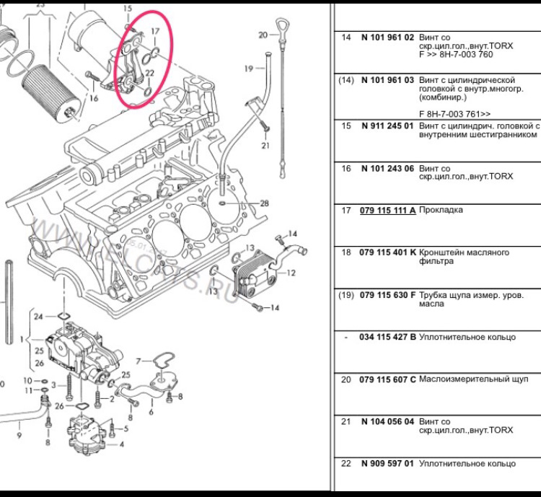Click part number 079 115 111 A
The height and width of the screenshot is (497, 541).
pyautogui.click(x=387, y=211)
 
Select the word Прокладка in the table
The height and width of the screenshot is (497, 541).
pyautogui.click(x=441, y=211)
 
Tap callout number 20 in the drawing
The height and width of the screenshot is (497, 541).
pyautogui.click(x=263, y=35)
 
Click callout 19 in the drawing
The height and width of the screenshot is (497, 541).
pyautogui.click(x=248, y=69)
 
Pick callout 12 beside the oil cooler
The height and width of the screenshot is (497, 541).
pyautogui.click(x=291, y=273)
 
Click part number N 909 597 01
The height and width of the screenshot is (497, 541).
pyautogui.click(x=387, y=464)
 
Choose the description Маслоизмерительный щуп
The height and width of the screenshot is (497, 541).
pyautogui.click(x=479, y=379)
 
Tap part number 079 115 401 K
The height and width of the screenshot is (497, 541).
pyautogui.click(x=387, y=253)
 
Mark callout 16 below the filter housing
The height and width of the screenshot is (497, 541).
pyautogui.click(x=93, y=98)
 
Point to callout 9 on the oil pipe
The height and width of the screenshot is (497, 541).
pyautogui.click(x=19, y=436)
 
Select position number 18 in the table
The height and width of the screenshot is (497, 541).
pyautogui.click(x=346, y=253)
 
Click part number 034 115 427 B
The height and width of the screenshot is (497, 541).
pyautogui.click(x=387, y=338)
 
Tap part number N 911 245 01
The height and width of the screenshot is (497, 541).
pyautogui.click(x=387, y=126)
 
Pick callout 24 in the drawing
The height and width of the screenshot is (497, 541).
pyautogui.click(x=38, y=316)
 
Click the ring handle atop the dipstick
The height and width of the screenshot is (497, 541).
pyautogui.click(x=281, y=35)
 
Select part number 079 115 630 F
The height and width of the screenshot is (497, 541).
pyautogui.click(x=387, y=295)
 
